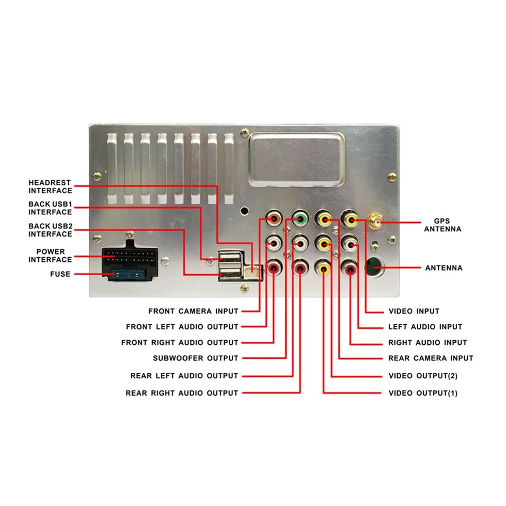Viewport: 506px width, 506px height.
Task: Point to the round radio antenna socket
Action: [x=374, y=266]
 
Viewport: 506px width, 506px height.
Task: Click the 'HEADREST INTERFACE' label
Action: [x=50, y=187]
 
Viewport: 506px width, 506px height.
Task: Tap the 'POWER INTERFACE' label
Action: [x=50, y=256]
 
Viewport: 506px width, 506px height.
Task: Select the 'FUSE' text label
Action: [x=60, y=274]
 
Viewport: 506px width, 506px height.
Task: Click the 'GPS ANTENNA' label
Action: [x=442, y=225]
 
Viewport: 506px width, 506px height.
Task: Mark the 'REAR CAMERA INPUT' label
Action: [x=430, y=358]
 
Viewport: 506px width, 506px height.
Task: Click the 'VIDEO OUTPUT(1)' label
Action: [x=423, y=393]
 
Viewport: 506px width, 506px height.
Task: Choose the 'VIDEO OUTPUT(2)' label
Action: [x=423, y=376]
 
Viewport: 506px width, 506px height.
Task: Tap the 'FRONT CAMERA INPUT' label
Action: [x=193, y=311]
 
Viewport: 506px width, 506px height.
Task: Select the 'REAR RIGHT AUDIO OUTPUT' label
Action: [x=182, y=393]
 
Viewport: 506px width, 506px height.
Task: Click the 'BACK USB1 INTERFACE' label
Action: [x=50, y=208]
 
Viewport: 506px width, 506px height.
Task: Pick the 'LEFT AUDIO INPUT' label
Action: [x=425, y=327]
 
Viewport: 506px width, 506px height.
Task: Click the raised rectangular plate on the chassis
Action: [x=296, y=159]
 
